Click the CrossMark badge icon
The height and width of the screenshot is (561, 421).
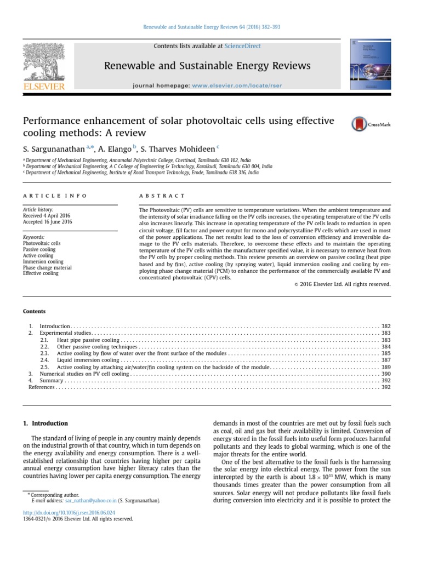[x=359, y=124]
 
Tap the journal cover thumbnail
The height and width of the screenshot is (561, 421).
[x=370, y=64]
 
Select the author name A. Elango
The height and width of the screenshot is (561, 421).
[x=115, y=148]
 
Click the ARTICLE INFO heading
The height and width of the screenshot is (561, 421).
[x=54, y=196]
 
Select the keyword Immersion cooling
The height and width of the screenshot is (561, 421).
[x=43, y=261]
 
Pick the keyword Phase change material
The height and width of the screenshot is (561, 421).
[x=47, y=267]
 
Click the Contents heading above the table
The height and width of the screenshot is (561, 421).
[x=34, y=311]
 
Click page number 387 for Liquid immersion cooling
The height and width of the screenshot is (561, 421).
[x=385, y=360]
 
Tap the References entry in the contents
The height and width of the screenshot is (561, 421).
[x=41, y=387]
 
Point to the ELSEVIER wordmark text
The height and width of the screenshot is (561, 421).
[x=43, y=85]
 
